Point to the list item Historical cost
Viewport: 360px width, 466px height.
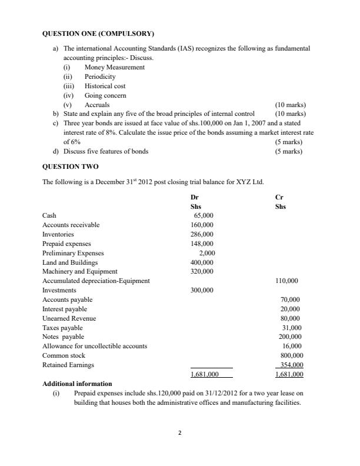point(105,86)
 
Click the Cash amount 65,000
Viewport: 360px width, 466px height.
point(203,216)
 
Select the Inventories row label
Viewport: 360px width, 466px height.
point(58,234)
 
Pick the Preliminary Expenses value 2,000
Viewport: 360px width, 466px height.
point(206,253)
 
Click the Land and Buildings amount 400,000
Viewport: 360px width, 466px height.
point(202,262)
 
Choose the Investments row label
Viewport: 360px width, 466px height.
point(59,290)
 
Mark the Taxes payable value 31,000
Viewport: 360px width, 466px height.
point(292,328)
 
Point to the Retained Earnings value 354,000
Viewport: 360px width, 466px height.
point(291,365)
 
